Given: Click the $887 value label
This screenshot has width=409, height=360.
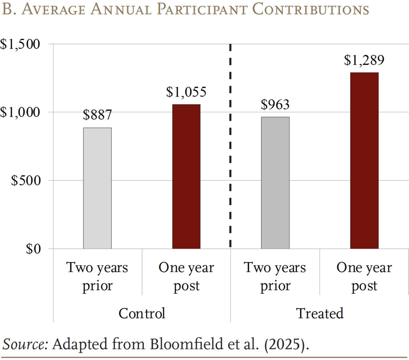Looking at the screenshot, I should [x=97, y=115].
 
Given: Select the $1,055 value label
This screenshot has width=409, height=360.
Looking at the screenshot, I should [x=186, y=92].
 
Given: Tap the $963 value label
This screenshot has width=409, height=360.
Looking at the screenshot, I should [x=275, y=104].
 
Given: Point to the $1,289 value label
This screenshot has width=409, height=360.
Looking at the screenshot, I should [x=364, y=60].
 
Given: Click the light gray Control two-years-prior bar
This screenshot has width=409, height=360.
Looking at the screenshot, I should [x=97, y=188].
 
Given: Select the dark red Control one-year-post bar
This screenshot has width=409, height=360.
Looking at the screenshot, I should [x=186, y=176].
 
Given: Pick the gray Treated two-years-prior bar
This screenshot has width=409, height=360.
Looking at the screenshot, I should [x=275, y=183].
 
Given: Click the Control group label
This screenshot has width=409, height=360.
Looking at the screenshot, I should [x=142, y=313].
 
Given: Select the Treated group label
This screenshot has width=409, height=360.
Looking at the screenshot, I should [x=320, y=313].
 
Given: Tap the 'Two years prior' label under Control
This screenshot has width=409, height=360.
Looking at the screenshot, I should [x=97, y=276].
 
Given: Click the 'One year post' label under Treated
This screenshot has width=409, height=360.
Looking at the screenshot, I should [x=364, y=276].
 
